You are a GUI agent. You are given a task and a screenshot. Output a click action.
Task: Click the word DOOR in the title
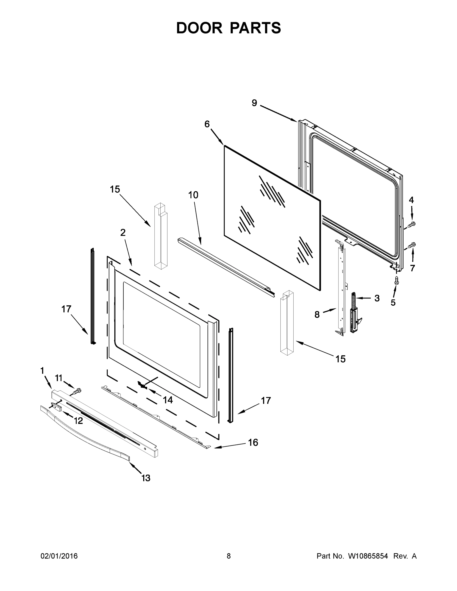coord(199,28)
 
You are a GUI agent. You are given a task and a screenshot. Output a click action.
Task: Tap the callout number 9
coord(254,103)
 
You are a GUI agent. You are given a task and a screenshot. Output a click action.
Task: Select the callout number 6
coord(207,124)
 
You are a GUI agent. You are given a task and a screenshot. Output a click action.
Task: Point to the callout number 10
coord(193,195)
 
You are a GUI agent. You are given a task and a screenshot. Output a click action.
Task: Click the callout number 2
coord(123,232)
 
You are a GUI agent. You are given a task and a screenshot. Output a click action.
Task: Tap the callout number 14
coord(168,400)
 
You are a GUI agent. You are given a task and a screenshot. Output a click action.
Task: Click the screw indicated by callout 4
coord(411,224)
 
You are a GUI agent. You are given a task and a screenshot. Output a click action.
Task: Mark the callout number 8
coord(317,314)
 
